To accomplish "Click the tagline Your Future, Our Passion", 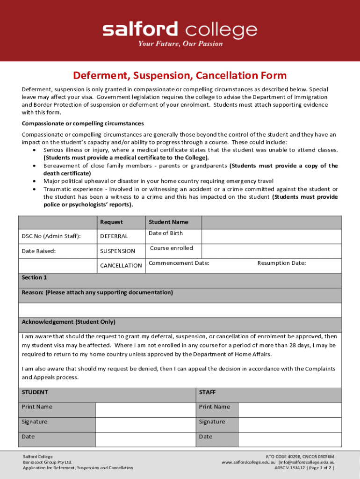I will (180, 44).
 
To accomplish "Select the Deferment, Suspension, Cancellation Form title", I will (180, 76).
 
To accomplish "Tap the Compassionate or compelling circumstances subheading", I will (83, 124).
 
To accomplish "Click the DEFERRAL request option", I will (114, 236).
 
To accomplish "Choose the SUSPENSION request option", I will (117, 251).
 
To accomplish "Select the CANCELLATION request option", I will (121, 266).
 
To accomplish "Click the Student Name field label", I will (168, 222).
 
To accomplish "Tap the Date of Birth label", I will (166, 233).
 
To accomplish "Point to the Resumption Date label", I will (281, 263).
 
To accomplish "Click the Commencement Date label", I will (179, 263).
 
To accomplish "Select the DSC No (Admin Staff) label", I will (51, 236).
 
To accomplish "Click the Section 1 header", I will (34, 278).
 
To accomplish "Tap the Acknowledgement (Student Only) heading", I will (68, 322).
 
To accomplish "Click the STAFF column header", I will (207, 392).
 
